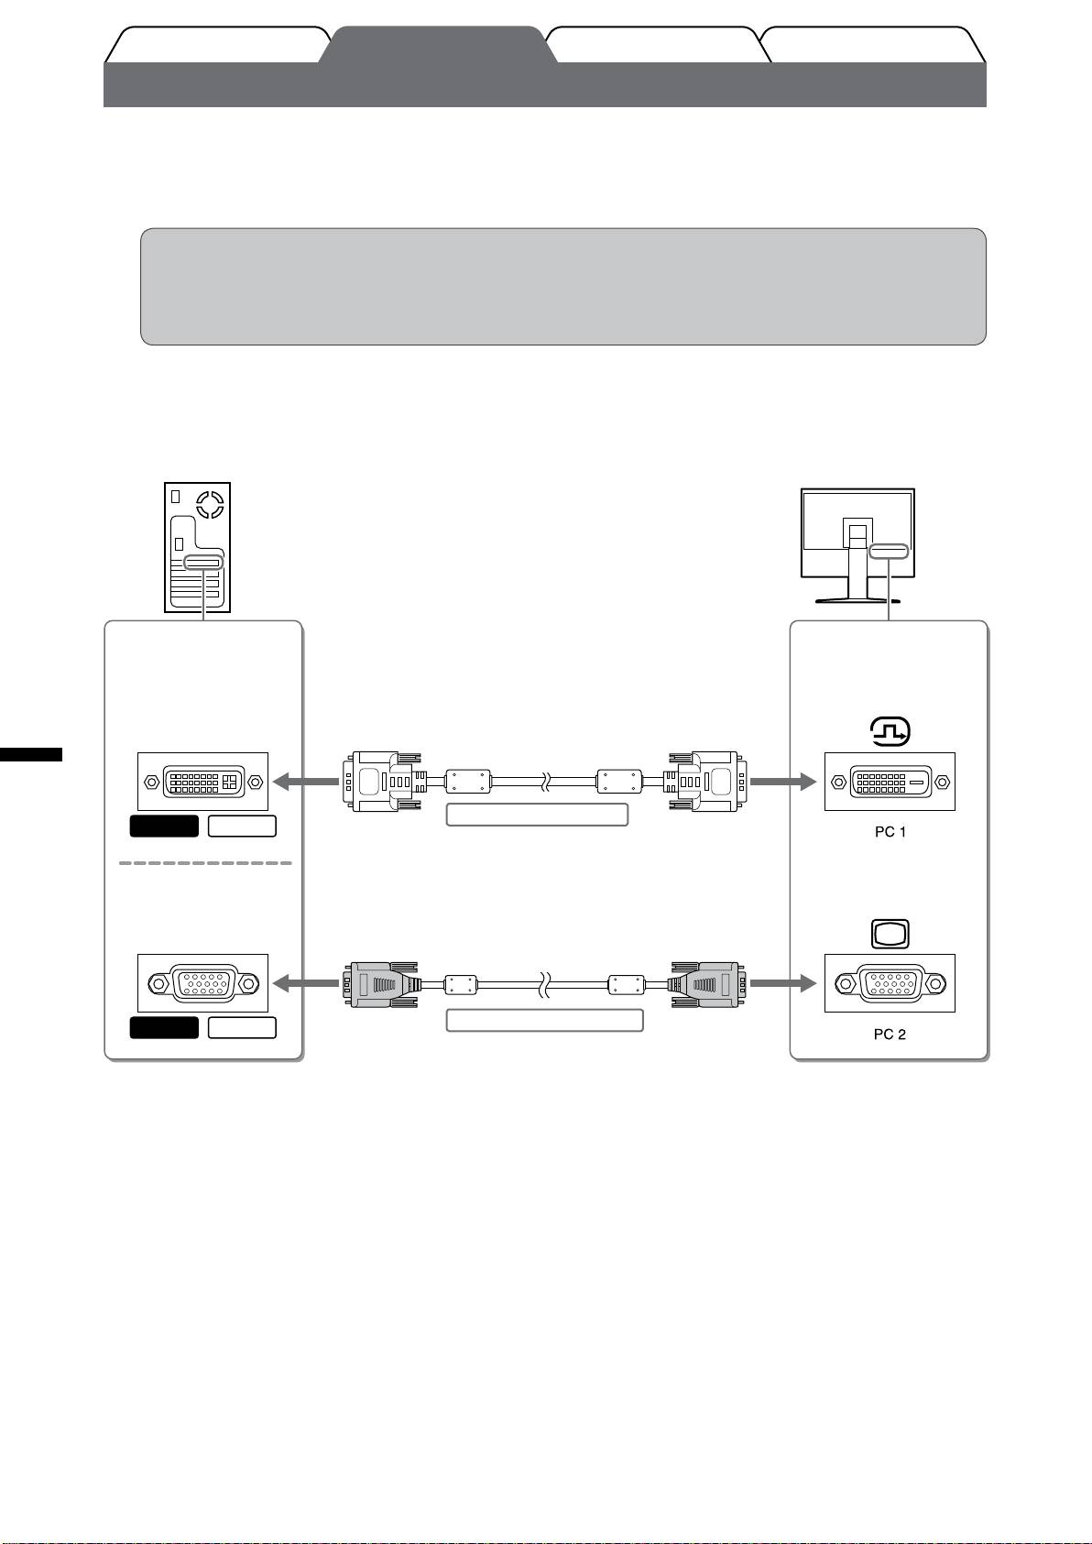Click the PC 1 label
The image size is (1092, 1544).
(890, 832)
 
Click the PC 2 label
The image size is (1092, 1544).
(890, 1034)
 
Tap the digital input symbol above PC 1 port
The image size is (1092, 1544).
(890, 731)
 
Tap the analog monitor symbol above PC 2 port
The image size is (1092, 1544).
(890, 934)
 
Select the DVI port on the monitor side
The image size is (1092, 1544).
(890, 782)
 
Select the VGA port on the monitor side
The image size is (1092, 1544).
(890, 983)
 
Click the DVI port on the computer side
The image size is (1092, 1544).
(202, 782)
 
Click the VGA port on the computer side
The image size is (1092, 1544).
(202, 983)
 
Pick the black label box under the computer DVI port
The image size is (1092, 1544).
(164, 826)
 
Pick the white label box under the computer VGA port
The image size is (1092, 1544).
(242, 1027)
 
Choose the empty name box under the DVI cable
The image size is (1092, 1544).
(537, 815)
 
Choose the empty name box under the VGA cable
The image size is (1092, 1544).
(544, 1020)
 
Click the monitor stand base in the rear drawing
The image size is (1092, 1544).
(857, 601)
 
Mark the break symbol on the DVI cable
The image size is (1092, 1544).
(545, 782)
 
